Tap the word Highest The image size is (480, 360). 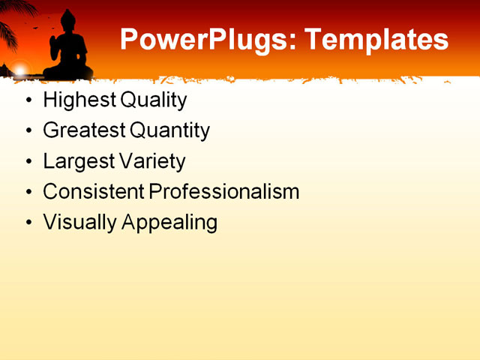[73, 100]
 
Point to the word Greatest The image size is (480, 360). [84, 131]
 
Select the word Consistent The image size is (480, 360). [94, 191]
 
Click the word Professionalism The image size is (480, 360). [224, 191]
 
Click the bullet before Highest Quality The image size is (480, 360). [28, 100]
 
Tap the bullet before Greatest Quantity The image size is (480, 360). [28, 131]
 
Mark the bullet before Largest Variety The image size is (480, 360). [28, 161]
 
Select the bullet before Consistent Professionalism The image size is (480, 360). [28, 192]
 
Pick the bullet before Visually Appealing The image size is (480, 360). [28, 222]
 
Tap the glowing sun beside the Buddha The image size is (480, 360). [20, 70]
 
